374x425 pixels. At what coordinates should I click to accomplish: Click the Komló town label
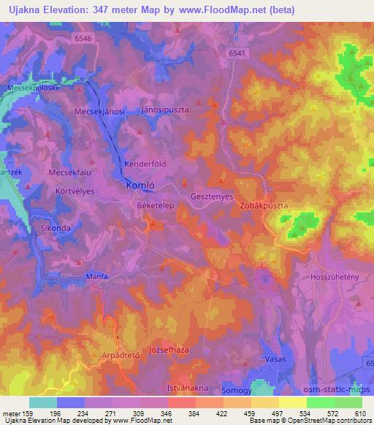[x=139, y=185]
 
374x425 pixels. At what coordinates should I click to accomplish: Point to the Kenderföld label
[x=146, y=164]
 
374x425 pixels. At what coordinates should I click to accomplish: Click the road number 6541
[x=237, y=53]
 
